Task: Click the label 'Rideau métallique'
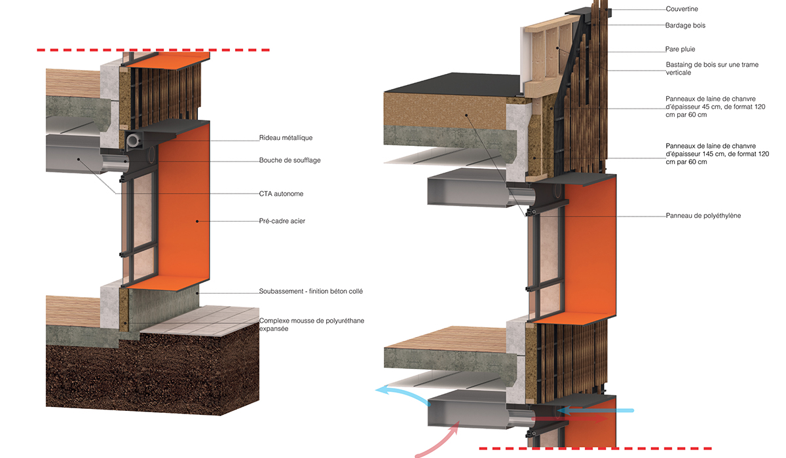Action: pyautogui.click(x=286, y=137)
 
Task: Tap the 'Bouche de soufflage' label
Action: pyautogui.click(x=290, y=160)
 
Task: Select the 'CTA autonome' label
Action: pyautogui.click(x=281, y=194)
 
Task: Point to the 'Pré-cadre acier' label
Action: pyautogui.click(x=282, y=220)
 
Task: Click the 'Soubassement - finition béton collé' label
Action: pyautogui.click(x=311, y=291)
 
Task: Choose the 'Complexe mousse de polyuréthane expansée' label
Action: pyautogui.click(x=312, y=325)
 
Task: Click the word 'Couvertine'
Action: pyautogui.click(x=682, y=9)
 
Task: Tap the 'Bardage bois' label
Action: pyautogui.click(x=685, y=26)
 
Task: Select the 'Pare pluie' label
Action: pyautogui.click(x=680, y=49)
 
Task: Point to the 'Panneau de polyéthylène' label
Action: pyautogui.click(x=703, y=215)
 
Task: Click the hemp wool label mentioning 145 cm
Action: pyautogui.click(x=717, y=154)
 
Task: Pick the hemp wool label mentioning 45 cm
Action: pyautogui.click(x=715, y=107)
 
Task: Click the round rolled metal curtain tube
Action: pyautogui.click(x=133, y=141)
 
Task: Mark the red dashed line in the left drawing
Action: pyautogui.click(x=153, y=50)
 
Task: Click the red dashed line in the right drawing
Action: pyautogui.click(x=595, y=448)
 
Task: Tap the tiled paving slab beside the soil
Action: pyautogui.click(x=200, y=321)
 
